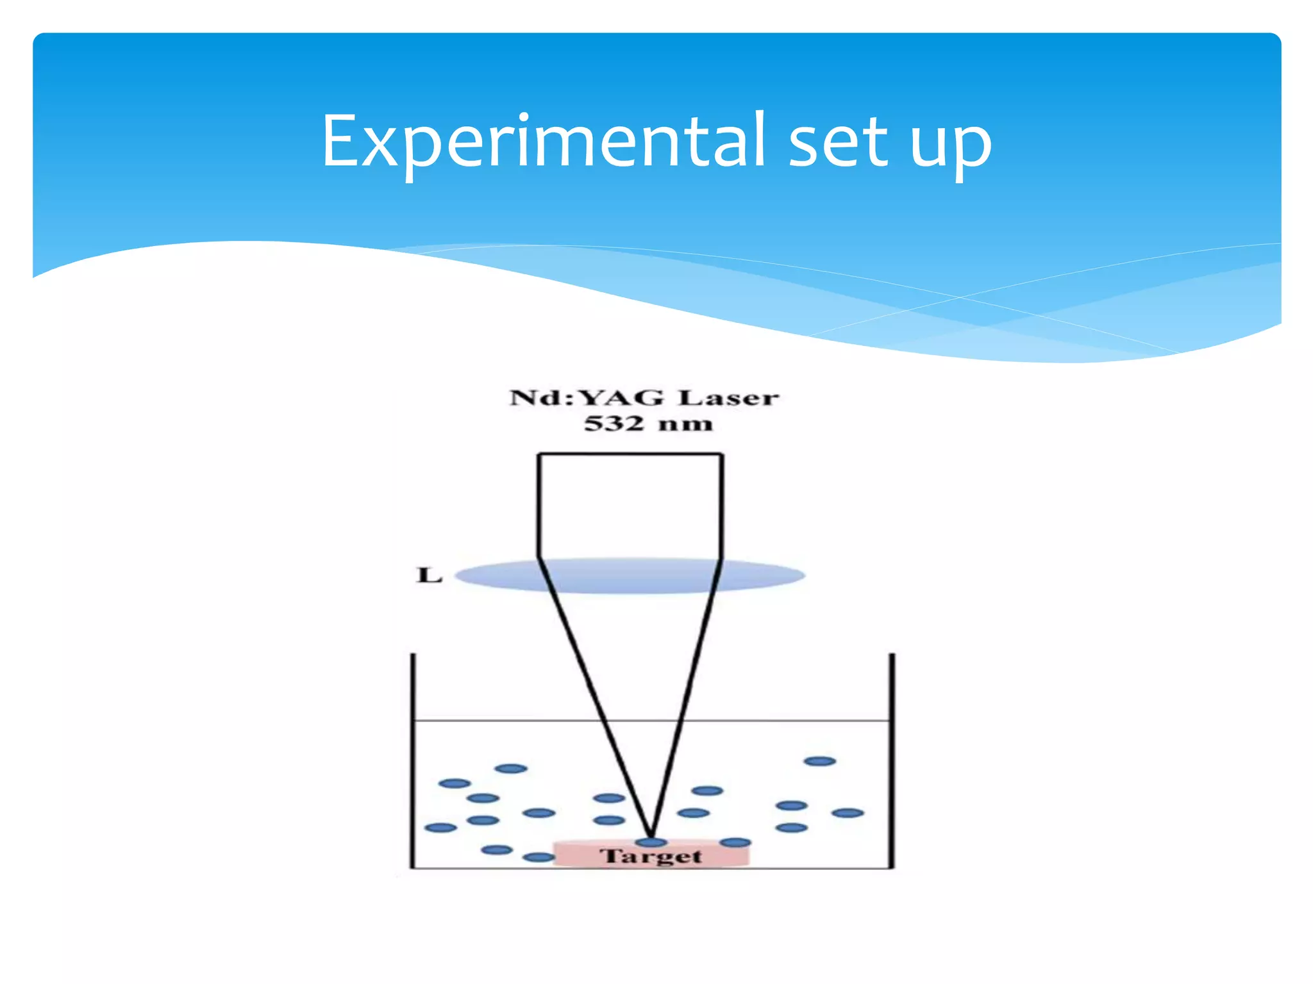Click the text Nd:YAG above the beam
click(587, 398)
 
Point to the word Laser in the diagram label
click(729, 398)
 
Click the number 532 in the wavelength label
click(614, 423)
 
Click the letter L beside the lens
click(430, 575)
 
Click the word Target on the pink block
click(651, 856)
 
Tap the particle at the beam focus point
click(651, 842)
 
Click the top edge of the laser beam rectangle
click(630, 454)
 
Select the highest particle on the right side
click(820, 761)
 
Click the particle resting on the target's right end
click(735, 842)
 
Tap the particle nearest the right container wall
click(848, 813)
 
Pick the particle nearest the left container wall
click(440, 828)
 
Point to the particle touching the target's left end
click(539, 857)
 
